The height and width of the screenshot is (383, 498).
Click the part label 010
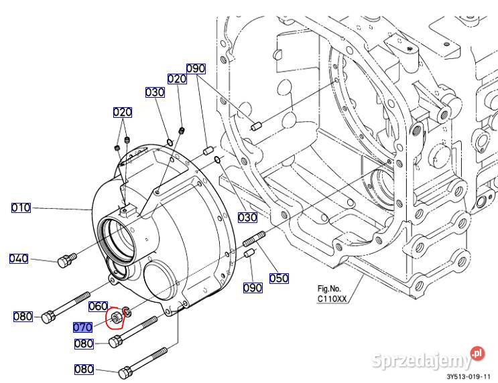click(21, 208)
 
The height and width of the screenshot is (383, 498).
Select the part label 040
click(19, 258)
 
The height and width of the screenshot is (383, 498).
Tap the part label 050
click(279, 278)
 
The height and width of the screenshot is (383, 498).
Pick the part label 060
click(98, 306)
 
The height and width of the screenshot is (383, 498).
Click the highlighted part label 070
click(82, 327)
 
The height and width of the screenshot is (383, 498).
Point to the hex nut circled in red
click(115, 317)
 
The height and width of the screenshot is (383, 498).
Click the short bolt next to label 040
click(67, 260)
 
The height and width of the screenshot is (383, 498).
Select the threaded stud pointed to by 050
click(254, 238)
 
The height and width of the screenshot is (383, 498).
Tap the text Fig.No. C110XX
click(332, 293)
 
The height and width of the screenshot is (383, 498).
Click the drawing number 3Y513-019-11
click(469, 377)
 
